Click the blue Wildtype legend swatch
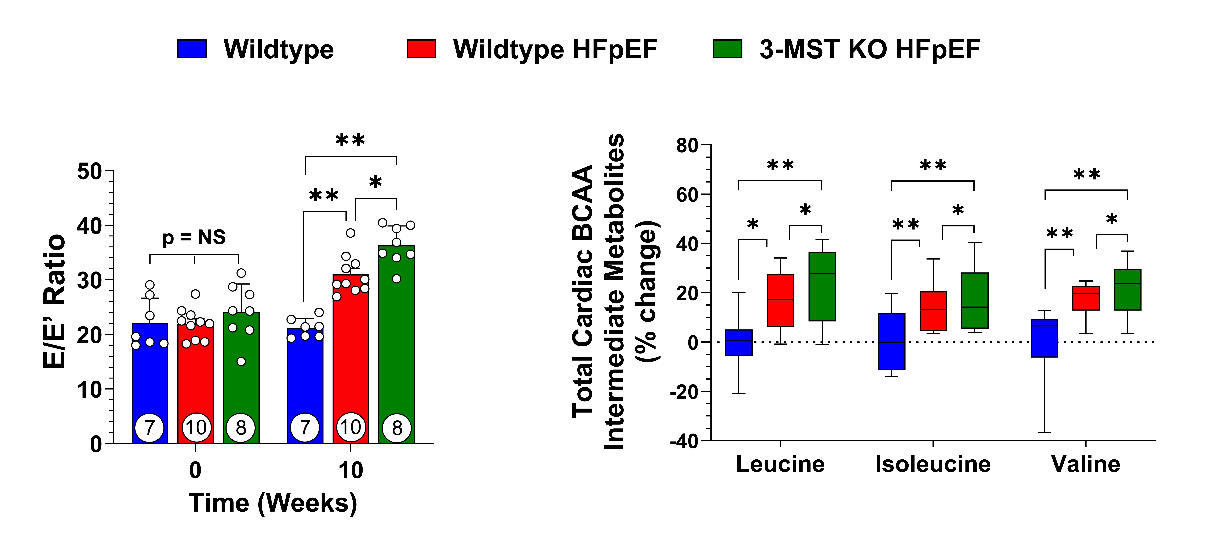(x=192, y=49)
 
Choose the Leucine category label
(x=780, y=464)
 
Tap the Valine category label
(x=1086, y=464)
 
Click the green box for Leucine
(x=822, y=287)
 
